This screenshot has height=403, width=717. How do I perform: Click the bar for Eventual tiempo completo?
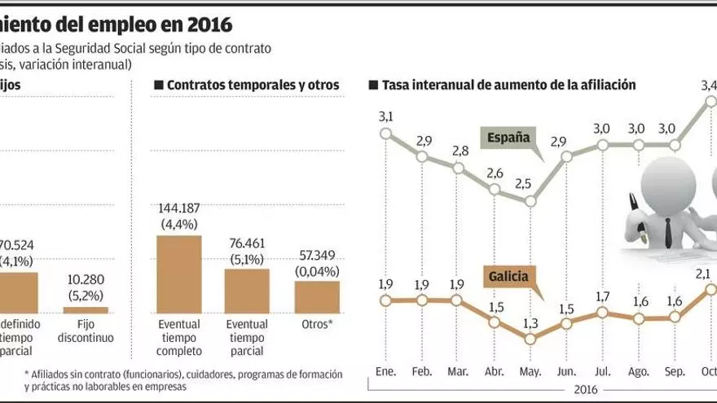click(x=178, y=274)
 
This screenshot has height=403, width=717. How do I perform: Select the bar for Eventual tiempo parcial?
click(x=247, y=291)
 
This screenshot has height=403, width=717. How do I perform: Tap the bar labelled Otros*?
click(x=316, y=297)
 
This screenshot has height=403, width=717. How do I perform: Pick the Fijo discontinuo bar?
click(x=86, y=309)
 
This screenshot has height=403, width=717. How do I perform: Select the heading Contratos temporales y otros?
click(x=252, y=85)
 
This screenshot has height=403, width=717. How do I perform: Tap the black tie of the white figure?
click(x=667, y=232)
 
